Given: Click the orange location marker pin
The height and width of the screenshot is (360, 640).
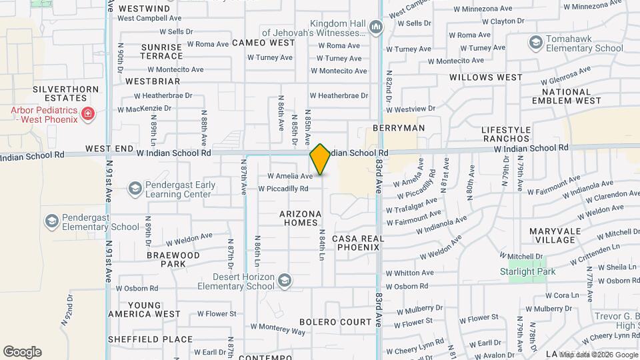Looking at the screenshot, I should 320,159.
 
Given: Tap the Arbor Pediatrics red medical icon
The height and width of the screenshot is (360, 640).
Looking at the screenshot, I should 87,115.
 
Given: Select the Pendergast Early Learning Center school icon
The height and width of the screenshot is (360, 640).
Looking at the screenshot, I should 135,189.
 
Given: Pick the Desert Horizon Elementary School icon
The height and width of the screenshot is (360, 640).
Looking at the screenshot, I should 285,280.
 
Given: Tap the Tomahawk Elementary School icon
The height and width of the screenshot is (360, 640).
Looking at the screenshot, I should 535,43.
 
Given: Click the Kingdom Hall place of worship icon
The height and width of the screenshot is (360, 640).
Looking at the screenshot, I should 375,28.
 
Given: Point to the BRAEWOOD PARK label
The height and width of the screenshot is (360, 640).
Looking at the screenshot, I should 173,259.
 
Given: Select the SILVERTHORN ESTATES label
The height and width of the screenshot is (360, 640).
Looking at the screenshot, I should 67,93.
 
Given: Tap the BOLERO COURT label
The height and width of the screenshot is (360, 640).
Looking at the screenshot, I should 335,322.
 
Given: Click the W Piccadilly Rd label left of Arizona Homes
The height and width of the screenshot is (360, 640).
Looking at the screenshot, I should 283,189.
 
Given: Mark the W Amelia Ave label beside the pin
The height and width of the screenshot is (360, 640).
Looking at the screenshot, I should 289,176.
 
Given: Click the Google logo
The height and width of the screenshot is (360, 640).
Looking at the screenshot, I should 22,352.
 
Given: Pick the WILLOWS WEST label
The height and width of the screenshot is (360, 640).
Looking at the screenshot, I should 486,77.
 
